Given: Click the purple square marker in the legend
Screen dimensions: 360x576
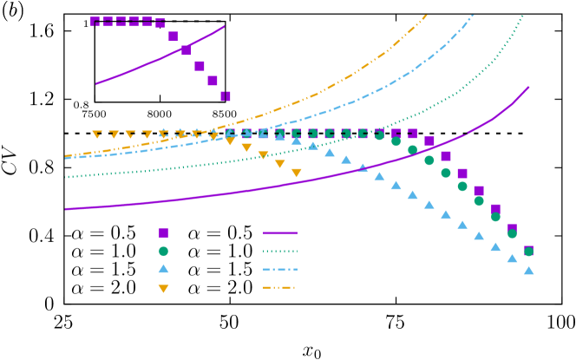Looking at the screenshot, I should tap(163, 232).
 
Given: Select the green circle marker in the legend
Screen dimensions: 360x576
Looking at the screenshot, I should tap(163, 252).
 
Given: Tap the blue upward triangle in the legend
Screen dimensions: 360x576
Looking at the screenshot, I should tap(163, 269).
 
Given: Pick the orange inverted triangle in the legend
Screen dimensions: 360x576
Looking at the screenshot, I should tap(163, 289).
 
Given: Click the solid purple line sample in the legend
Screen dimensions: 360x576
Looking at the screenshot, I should tap(279, 232).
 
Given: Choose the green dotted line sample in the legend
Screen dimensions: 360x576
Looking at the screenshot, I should tap(279, 252).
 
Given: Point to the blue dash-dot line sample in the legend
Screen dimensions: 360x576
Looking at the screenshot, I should tap(279, 269).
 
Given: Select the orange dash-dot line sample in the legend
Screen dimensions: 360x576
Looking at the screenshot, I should tap(279, 287).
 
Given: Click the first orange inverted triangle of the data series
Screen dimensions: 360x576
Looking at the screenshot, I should tap(97, 134).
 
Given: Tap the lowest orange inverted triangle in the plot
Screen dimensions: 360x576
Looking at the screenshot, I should tap(297, 173).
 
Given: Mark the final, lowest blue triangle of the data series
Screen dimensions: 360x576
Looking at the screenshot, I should tap(529, 271).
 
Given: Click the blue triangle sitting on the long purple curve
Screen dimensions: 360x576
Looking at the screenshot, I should tap(363, 168).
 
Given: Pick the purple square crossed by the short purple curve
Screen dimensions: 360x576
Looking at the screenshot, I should tap(186, 50).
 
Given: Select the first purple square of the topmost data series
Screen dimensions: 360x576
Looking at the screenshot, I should tap(95, 22).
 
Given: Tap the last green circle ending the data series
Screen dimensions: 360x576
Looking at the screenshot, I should tap(528, 252).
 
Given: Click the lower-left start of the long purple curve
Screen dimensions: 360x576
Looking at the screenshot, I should tap(66, 209).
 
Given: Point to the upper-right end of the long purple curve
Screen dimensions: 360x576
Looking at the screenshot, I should tap(528, 87).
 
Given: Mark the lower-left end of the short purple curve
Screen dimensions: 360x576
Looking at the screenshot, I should tap(96, 84).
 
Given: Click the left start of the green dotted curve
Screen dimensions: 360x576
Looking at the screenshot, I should tap(66, 177).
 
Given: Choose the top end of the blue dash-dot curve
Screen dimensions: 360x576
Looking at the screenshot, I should tap(474, 15).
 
